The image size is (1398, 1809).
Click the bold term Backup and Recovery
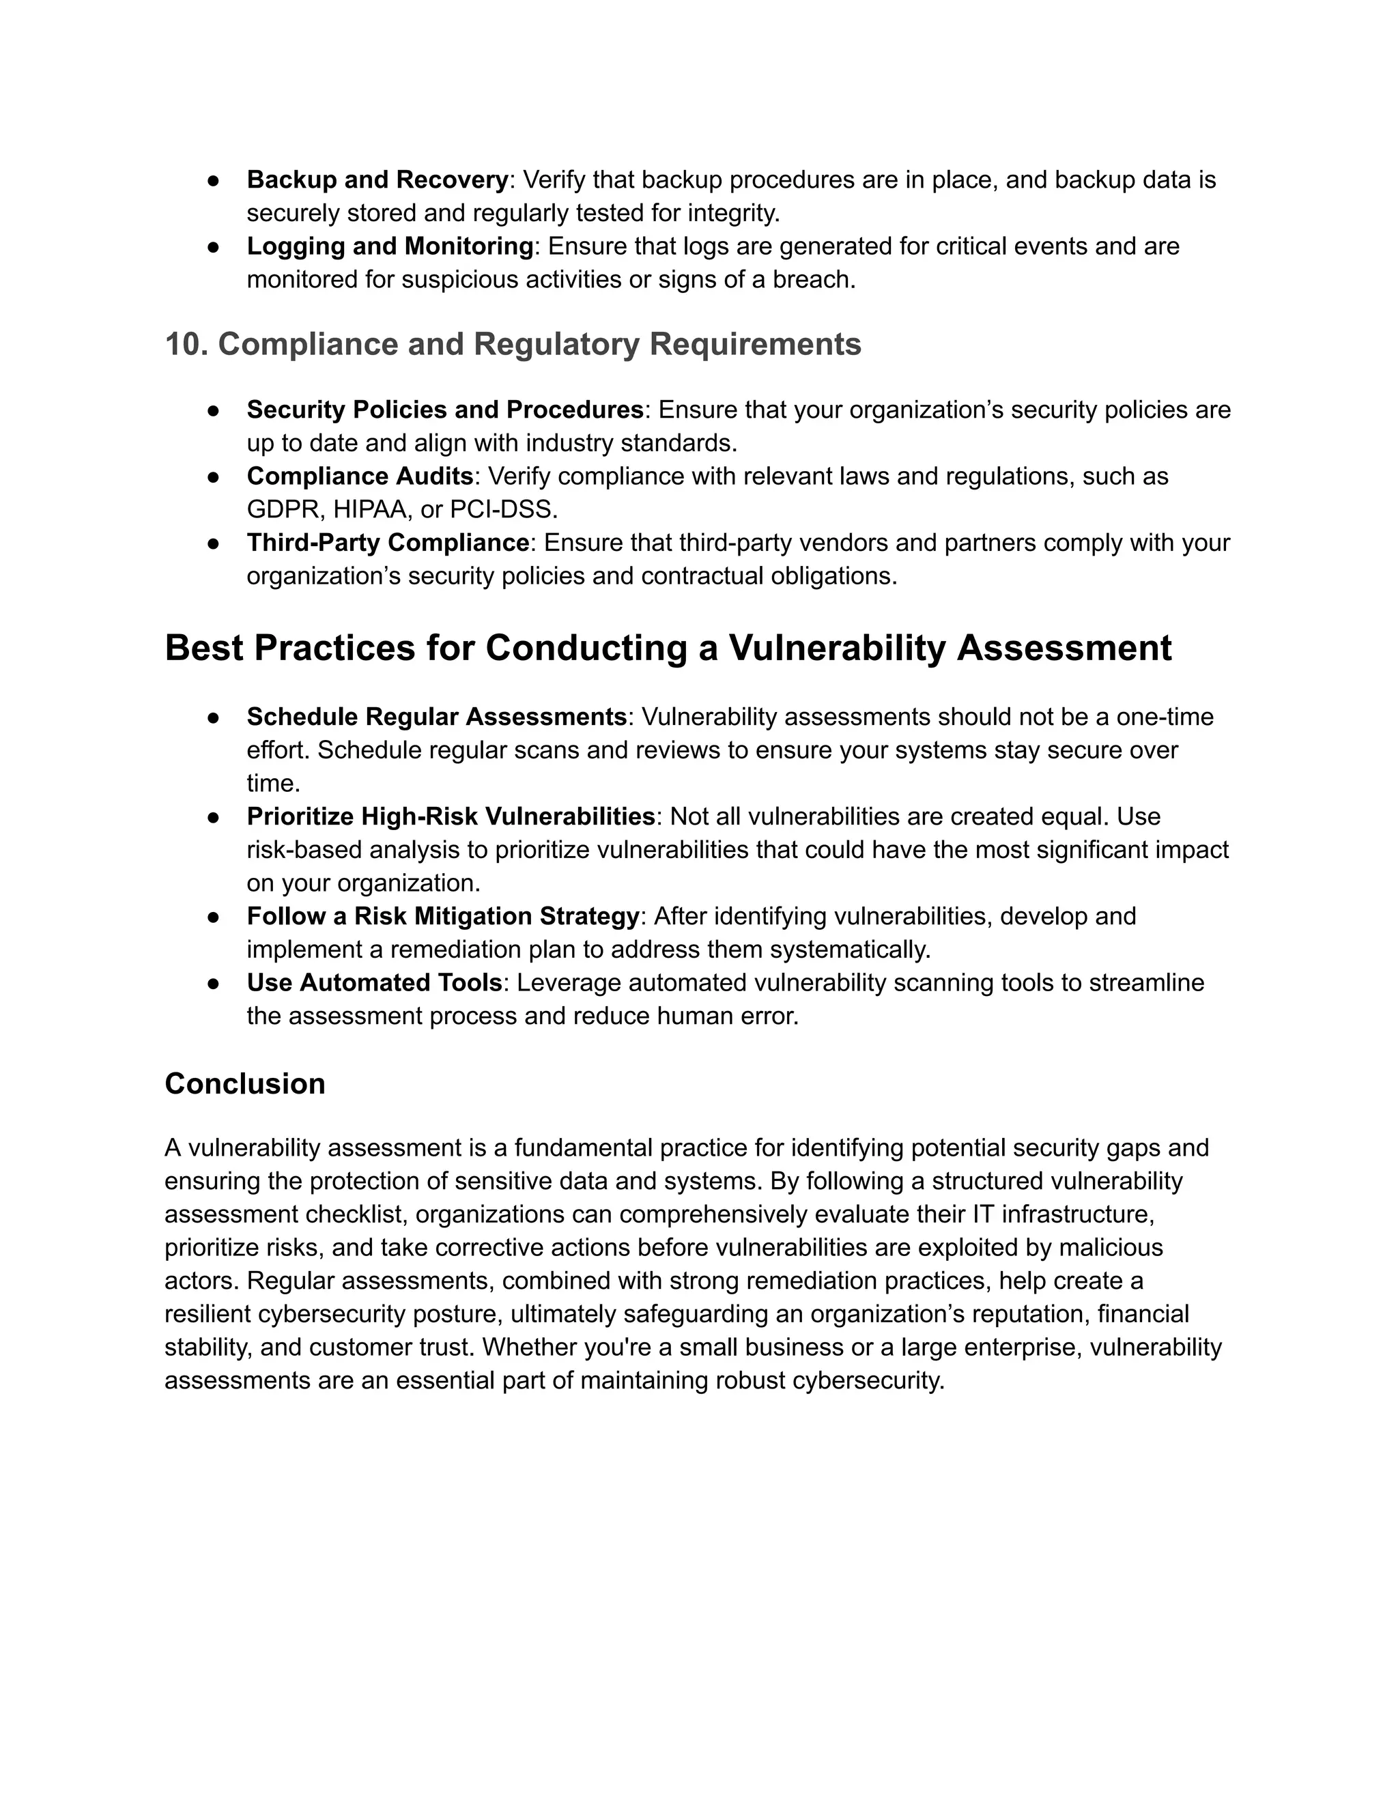[x=377, y=180]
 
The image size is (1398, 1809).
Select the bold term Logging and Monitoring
[x=389, y=246]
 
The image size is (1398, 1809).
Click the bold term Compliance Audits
[x=360, y=476]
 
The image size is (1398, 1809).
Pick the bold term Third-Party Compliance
[x=388, y=543]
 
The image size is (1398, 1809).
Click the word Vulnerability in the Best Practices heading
[x=836, y=648]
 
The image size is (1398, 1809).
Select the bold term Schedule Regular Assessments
[x=436, y=717]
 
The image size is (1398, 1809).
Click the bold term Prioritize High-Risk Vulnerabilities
[x=451, y=816]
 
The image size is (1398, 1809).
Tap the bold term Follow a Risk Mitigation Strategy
[x=442, y=916]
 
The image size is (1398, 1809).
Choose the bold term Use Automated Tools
[x=374, y=982]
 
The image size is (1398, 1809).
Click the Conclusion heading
[x=244, y=1083]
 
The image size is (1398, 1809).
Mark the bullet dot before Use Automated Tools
[x=213, y=983]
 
